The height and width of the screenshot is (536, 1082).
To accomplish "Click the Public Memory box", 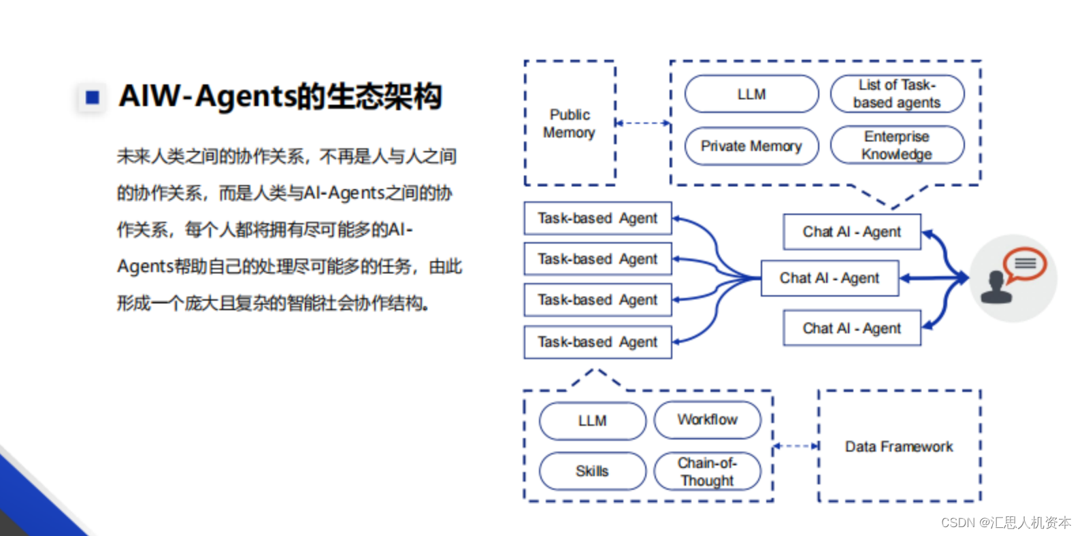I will (x=570, y=123).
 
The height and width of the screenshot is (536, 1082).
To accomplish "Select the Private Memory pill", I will (x=751, y=146).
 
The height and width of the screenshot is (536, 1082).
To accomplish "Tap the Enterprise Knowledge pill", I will (x=897, y=145).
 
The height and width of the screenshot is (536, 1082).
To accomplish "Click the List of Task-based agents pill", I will (x=897, y=94).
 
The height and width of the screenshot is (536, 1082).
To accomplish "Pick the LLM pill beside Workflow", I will (x=592, y=421).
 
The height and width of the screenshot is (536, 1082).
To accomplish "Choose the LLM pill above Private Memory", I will (x=751, y=94).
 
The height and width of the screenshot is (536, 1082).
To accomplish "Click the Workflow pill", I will (x=707, y=420).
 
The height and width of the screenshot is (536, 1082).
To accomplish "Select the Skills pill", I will (x=592, y=471).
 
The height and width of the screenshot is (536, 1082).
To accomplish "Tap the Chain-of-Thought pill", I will (x=707, y=471).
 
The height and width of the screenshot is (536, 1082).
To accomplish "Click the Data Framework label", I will (x=898, y=447).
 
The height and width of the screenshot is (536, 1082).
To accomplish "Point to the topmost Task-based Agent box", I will (x=597, y=218).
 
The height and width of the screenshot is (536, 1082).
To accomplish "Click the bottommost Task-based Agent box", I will (x=597, y=342).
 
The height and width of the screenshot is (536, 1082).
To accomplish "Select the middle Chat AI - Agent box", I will (x=829, y=278).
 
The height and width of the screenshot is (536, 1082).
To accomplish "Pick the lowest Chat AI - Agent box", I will (x=851, y=329).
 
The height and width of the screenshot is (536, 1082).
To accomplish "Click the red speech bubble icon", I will (x=1025, y=264).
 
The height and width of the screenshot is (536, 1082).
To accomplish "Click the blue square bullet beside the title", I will (x=93, y=97).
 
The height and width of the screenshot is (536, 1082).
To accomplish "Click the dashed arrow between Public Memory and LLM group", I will (x=642, y=123).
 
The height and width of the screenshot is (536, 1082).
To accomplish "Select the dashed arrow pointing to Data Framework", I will (x=796, y=446).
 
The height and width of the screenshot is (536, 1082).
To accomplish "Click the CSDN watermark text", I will (x=1006, y=522).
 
